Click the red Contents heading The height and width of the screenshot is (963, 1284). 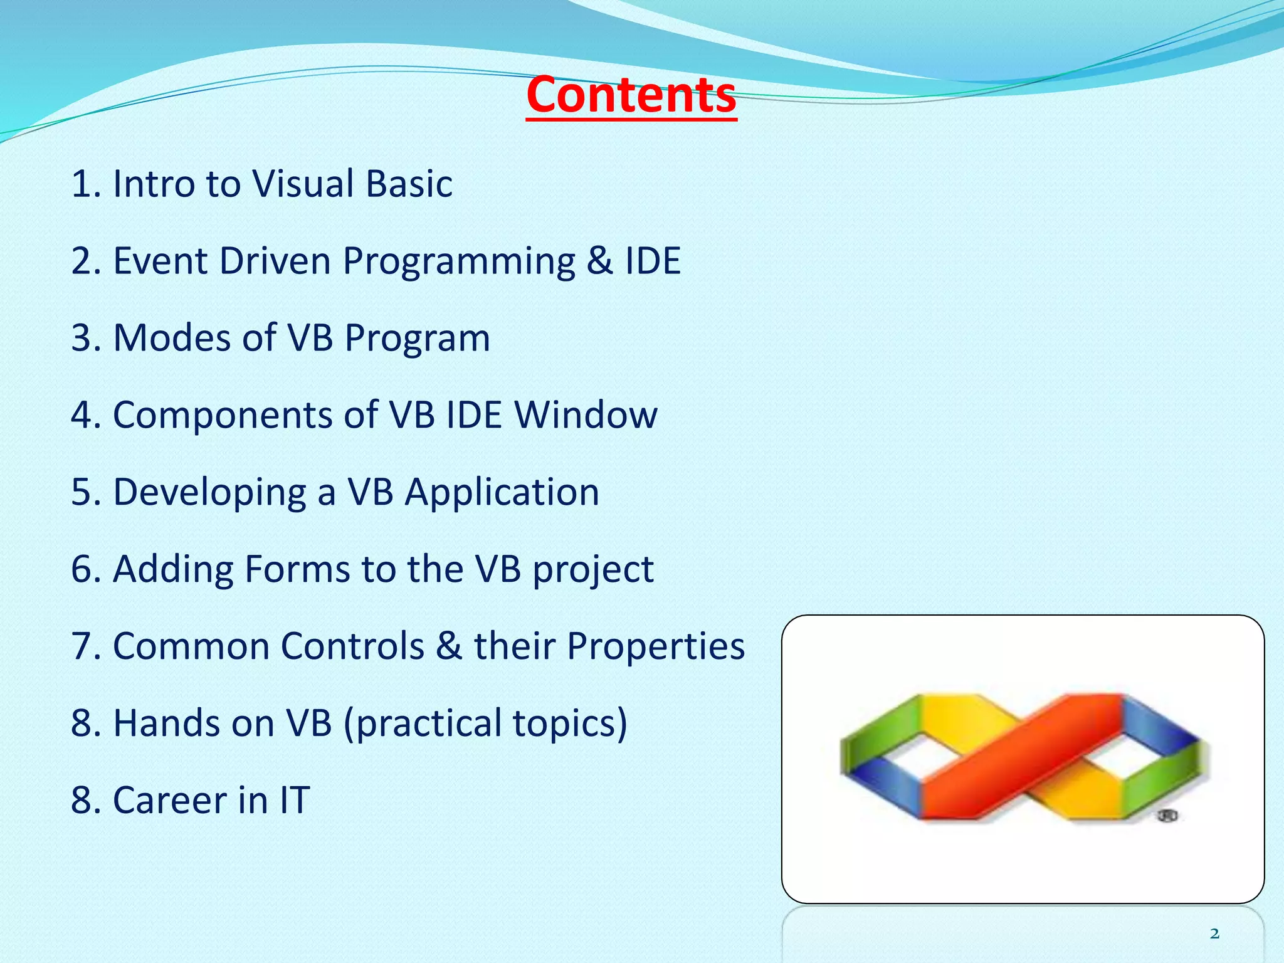point(631,95)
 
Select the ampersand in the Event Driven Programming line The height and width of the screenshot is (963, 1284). point(600,261)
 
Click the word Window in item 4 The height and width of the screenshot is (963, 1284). point(586,415)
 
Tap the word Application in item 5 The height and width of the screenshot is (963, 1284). point(502,493)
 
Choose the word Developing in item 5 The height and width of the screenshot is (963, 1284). point(210,493)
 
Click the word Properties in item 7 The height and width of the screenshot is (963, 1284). point(656,647)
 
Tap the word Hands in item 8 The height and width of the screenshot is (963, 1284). point(166,724)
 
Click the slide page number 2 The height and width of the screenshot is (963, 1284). point(1214,934)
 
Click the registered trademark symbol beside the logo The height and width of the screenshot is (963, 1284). point(1167,816)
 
